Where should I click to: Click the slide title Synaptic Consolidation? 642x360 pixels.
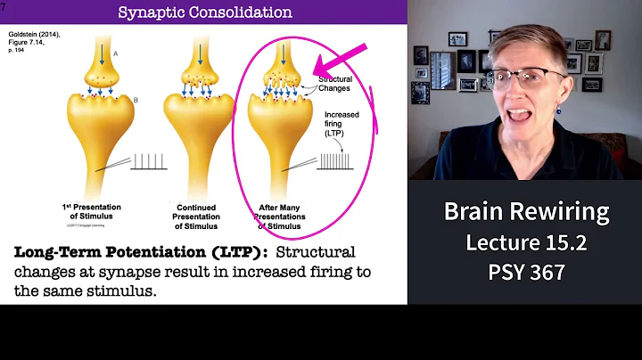205,12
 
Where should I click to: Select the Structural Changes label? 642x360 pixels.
336,83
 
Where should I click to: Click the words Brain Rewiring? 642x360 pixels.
525,212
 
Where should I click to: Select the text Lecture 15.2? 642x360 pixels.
525,241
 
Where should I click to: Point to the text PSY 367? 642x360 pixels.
525,272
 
